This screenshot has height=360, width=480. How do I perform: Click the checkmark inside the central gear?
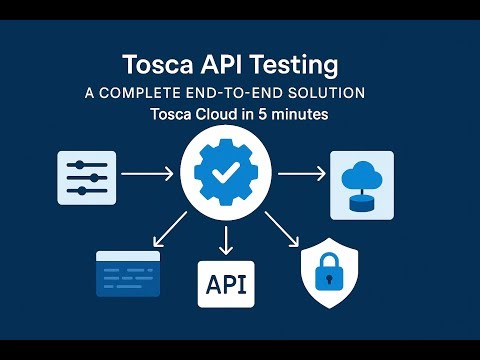point(227,173)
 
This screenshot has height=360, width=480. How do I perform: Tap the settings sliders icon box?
point(87,178)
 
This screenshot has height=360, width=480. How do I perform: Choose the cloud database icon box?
point(362,184)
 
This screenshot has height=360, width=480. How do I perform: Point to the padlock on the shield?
point(331,271)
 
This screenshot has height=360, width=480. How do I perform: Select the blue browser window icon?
point(127,272)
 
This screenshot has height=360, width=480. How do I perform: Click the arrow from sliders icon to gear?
point(148,176)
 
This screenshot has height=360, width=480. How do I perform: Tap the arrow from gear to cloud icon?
point(301,175)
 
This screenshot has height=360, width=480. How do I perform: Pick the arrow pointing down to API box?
point(227,238)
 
